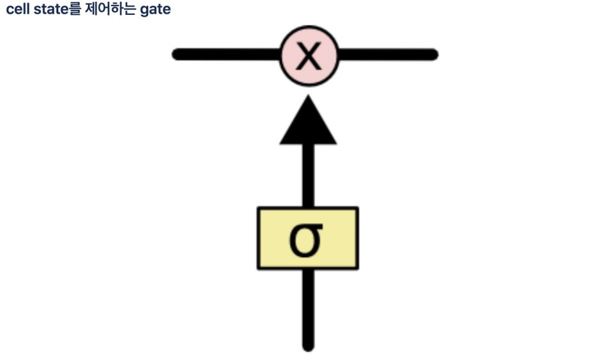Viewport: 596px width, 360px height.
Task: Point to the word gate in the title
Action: coord(155,11)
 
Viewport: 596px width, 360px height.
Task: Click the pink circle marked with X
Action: coord(309,55)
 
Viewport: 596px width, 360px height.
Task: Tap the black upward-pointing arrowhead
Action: coord(308,124)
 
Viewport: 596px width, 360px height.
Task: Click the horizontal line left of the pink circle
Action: coord(226,55)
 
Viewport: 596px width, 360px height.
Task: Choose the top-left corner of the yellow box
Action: coord(258,209)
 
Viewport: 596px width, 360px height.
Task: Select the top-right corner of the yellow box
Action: coord(357,209)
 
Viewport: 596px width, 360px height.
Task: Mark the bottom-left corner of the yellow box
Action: coord(258,268)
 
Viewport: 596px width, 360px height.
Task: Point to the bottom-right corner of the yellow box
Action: coord(357,268)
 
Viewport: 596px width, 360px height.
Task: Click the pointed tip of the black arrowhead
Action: coord(308,97)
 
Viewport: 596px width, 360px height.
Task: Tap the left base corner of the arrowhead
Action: coord(281,143)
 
